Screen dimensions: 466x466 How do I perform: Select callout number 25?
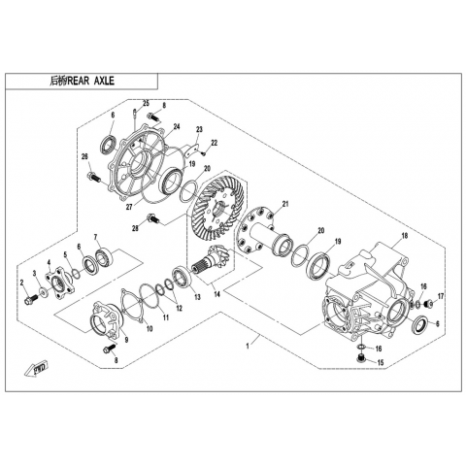click(146, 104)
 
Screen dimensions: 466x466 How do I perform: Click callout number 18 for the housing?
click(404, 236)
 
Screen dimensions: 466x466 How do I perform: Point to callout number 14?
click(217, 294)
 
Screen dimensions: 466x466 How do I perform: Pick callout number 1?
click(248, 347)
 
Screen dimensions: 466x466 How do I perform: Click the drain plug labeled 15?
click(359, 358)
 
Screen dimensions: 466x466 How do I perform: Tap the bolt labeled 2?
click(31, 299)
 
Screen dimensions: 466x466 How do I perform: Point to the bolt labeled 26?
click(94, 177)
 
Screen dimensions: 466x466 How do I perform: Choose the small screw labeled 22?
click(204, 153)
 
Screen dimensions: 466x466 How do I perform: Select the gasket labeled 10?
click(131, 306)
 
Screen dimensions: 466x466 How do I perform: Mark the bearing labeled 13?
click(183, 276)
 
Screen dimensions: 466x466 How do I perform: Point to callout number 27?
click(129, 207)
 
